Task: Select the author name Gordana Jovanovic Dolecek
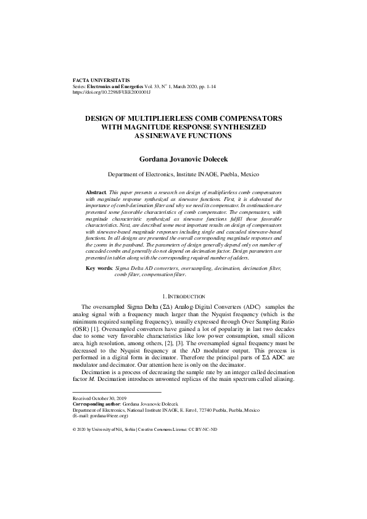pos(183,158)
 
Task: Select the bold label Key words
pos(99,269)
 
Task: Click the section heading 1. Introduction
pos(183,298)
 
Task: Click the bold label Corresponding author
pos(97,404)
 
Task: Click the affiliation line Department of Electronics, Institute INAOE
pos(183,174)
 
